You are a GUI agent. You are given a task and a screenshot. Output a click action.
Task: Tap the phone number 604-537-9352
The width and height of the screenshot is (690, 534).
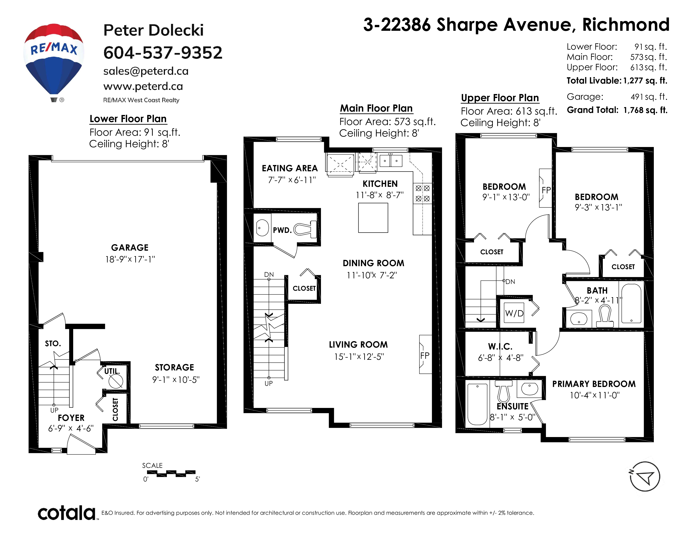click(163, 53)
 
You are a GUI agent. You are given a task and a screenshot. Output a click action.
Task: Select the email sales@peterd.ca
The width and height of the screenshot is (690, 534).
click(146, 71)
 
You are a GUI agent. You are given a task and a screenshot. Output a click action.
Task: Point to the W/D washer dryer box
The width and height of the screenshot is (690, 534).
click(514, 313)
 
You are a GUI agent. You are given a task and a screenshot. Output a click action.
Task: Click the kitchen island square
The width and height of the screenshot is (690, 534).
click(373, 218)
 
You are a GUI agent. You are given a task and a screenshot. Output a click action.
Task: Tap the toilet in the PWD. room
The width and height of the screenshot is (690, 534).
click(305, 229)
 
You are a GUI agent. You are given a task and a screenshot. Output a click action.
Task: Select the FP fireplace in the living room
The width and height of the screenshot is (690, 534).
click(425, 354)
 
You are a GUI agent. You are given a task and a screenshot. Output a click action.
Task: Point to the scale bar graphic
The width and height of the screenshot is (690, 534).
click(171, 473)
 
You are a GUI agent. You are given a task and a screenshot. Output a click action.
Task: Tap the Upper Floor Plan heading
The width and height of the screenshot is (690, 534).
click(500, 98)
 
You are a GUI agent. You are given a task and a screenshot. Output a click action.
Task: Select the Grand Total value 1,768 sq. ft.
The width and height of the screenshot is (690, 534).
click(645, 110)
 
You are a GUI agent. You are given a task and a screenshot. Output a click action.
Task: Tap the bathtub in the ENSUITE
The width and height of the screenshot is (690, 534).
click(477, 404)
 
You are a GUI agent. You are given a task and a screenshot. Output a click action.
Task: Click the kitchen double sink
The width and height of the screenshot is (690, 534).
click(391, 160)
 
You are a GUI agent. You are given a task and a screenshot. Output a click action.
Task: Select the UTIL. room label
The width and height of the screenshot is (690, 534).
click(112, 371)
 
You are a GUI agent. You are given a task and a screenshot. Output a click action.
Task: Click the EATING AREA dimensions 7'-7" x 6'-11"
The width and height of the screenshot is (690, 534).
click(292, 180)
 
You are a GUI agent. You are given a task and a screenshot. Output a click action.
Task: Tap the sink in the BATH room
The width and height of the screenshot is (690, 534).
click(579, 319)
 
